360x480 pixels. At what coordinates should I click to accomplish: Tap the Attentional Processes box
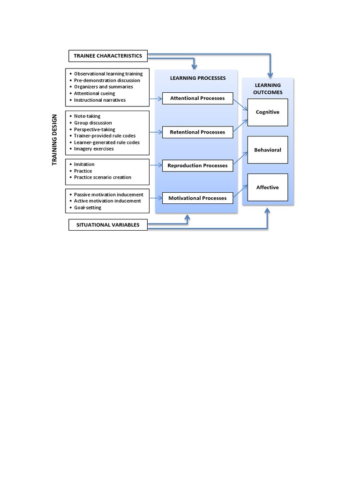197,98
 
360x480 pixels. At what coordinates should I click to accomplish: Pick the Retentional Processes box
197,132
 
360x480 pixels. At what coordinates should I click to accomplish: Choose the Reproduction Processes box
197,165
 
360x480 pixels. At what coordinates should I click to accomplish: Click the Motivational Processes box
197,198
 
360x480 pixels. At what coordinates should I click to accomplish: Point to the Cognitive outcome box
268,112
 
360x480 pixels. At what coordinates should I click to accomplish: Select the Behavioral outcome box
268,150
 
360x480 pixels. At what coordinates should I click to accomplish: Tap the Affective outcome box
268,187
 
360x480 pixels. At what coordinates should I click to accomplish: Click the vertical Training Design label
54,140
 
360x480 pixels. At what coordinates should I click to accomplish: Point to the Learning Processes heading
197,78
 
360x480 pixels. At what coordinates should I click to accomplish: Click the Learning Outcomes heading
268,89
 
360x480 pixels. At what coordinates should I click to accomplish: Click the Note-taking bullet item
87,116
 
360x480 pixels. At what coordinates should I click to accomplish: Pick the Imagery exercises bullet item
94,149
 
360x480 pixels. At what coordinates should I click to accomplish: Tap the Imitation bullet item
84,165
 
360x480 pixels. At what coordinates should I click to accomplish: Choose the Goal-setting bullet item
88,207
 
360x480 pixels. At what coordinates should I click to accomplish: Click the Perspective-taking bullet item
94,129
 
